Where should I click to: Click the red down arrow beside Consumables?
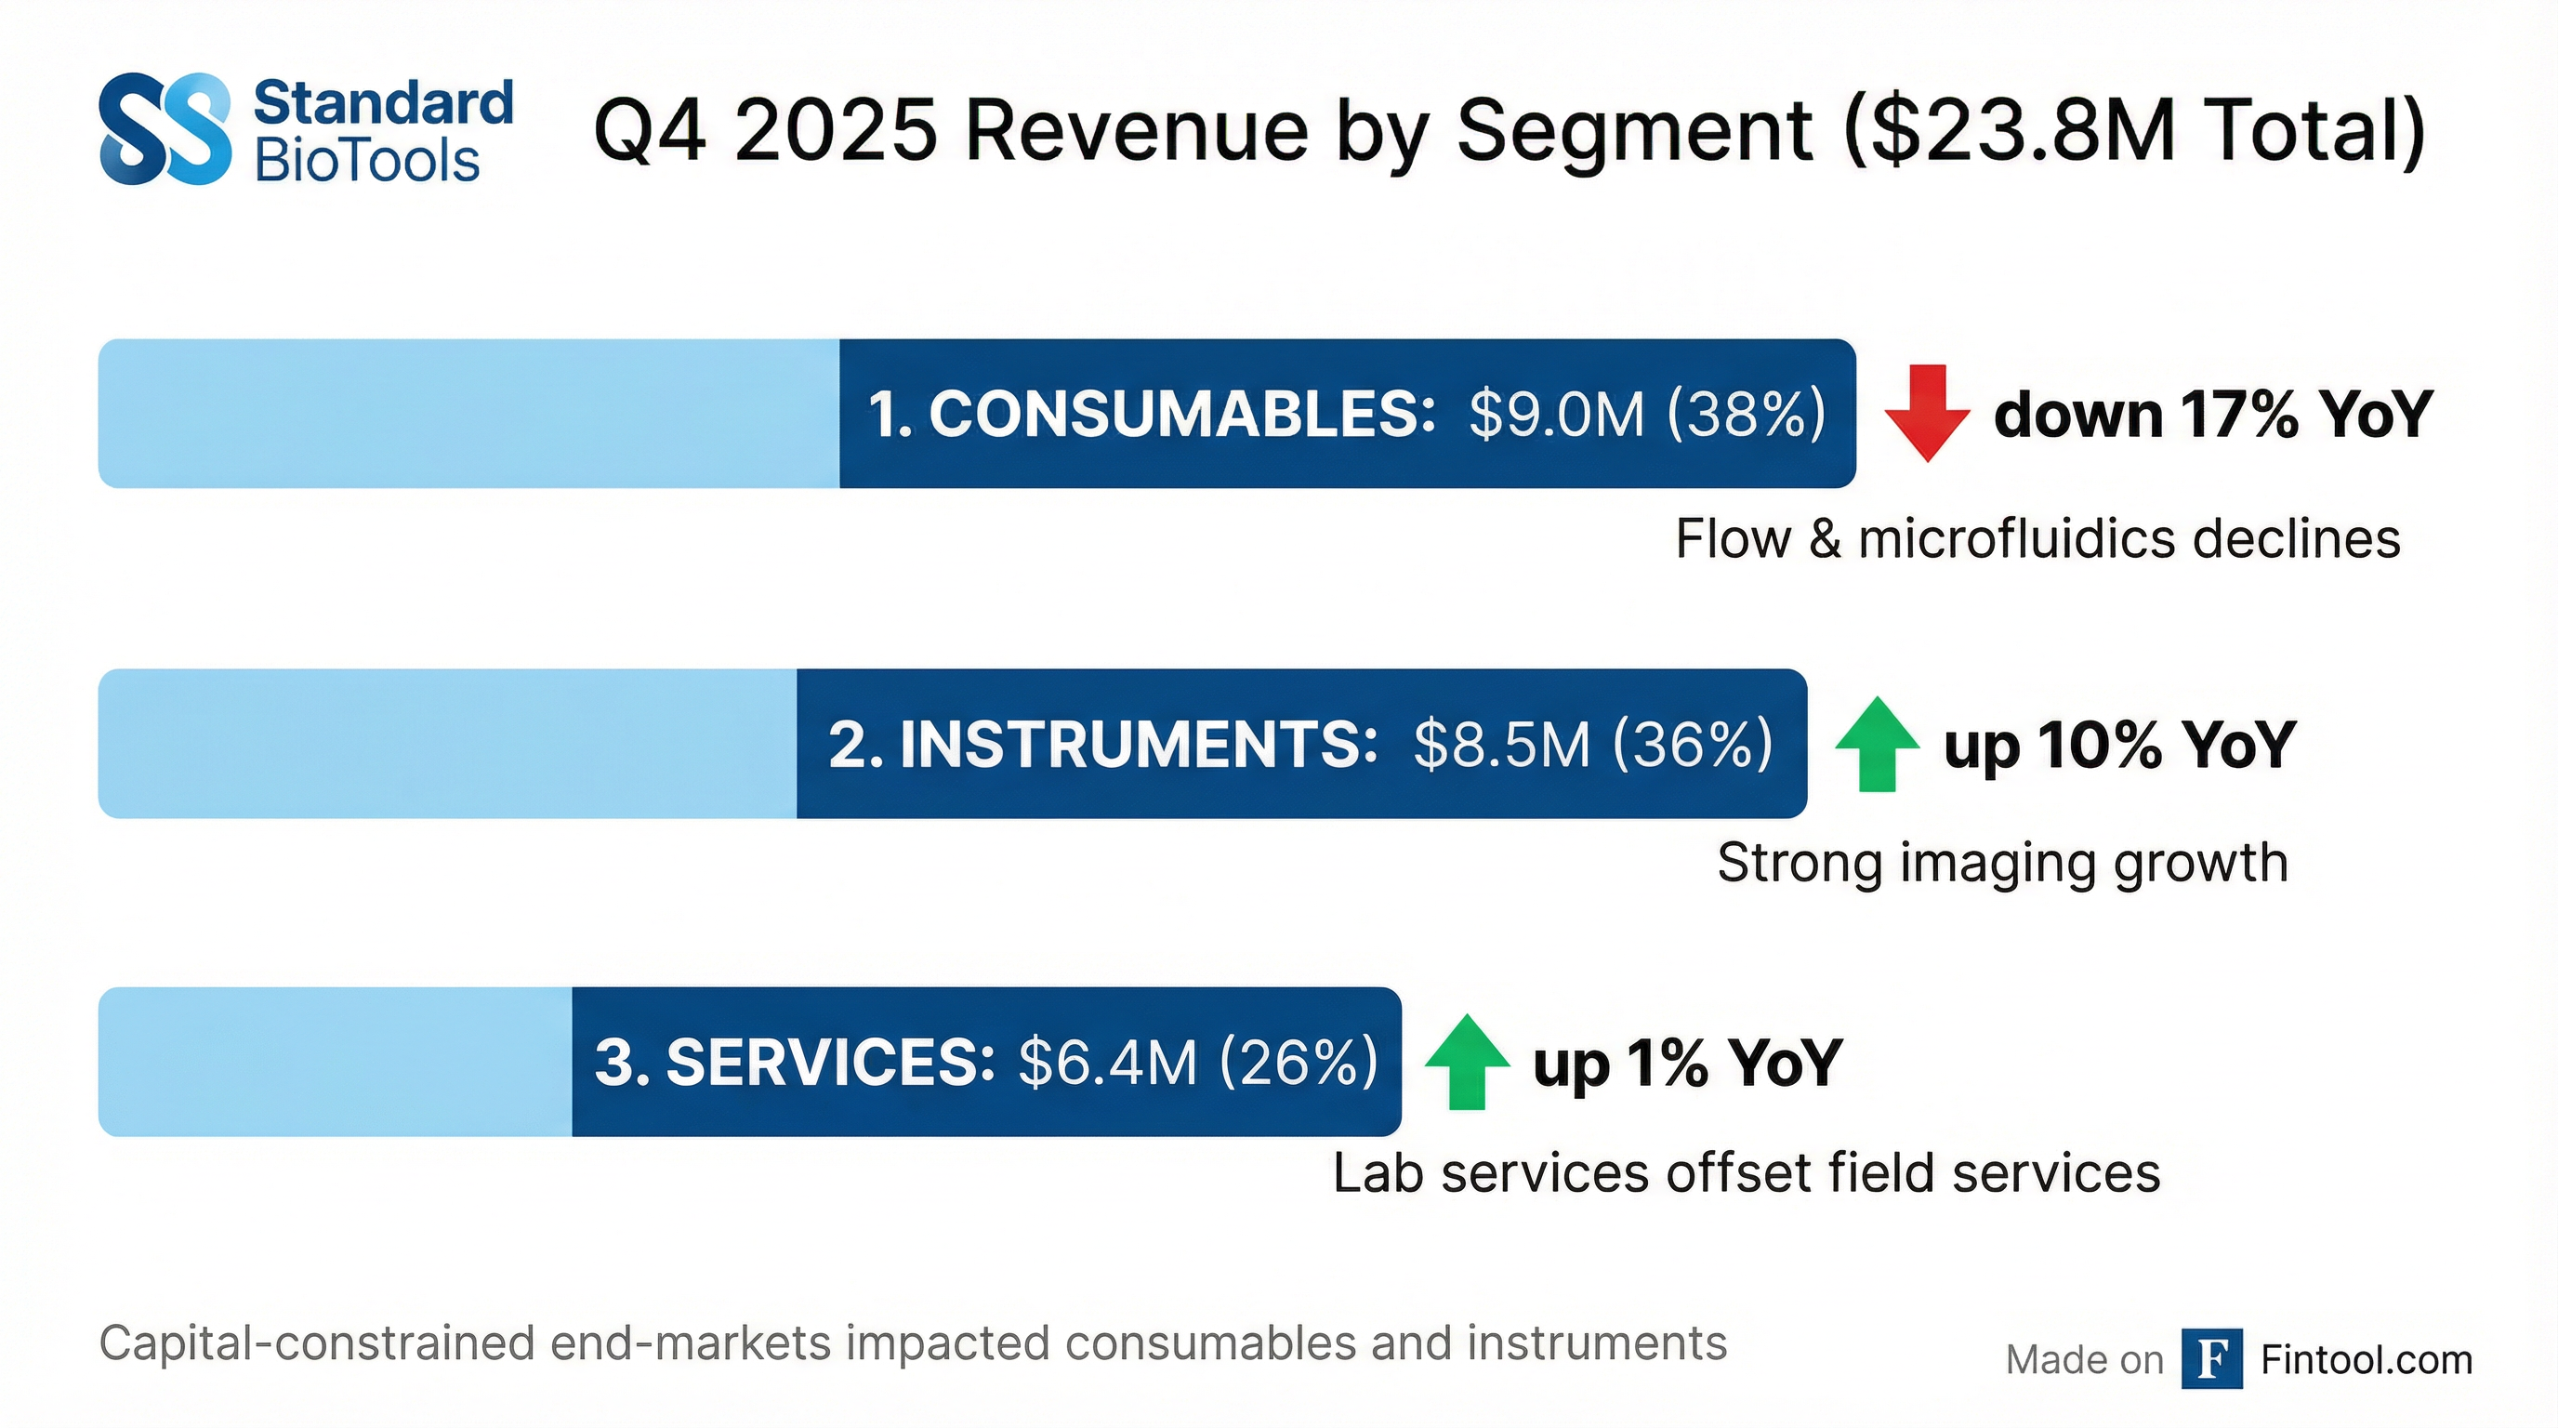click(1927, 413)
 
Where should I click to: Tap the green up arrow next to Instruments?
click(1876, 745)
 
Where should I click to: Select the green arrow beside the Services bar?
click(1467, 1062)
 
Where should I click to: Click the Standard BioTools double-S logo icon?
click(165, 129)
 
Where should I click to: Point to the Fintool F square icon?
click(2211, 1358)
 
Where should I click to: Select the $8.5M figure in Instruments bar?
click(1500, 745)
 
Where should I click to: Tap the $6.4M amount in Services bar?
click(1107, 1063)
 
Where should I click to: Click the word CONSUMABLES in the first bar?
click(1181, 414)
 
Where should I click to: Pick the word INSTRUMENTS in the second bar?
click(1138, 745)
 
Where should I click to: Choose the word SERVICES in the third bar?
click(830, 1063)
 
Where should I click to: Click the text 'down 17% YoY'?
click(2212, 414)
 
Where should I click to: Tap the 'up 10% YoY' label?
click(2119, 745)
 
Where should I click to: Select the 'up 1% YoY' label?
click(1687, 1063)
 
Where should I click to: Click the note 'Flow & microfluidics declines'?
click(2037, 539)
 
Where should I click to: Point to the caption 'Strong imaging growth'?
click(2002, 862)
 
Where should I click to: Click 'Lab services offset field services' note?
click(1746, 1172)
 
